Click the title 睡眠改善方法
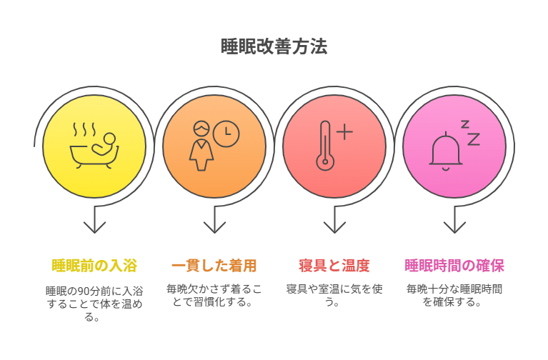(x=274, y=46)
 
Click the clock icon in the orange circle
(x=226, y=134)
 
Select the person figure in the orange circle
(x=201, y=146)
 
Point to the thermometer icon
(x=325, y=146)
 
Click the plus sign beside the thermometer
(x=344, y=131)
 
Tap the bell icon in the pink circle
(x=446, y=151)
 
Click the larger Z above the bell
(x=474, y=139)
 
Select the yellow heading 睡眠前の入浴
(x=94, y=266)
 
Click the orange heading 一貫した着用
(x=214, y=266)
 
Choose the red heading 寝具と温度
(x=334, y=266)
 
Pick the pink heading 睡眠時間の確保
(x=454, y=266)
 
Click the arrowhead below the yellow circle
(x=94, y=228)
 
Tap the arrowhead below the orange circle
(x=214, y=228)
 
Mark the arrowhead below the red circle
(x=334, y=228)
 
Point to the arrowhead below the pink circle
(x=454, y=228)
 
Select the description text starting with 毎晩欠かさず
(x=214, y=295)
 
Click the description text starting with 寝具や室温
(x=334, y=295)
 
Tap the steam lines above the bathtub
(x=84, y=129)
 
